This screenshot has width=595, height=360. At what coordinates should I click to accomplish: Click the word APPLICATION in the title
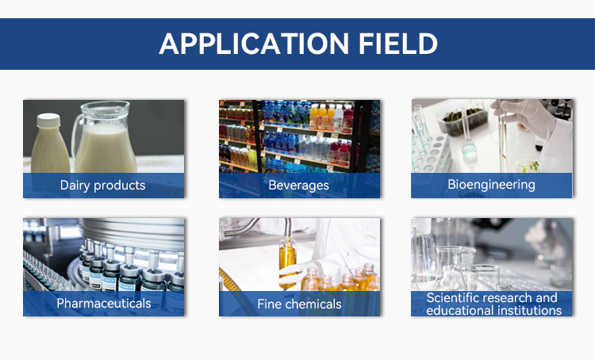pyautogui.click(x=254, y=44)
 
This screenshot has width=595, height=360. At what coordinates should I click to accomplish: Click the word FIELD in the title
pyautogui.click(x=398, y=44)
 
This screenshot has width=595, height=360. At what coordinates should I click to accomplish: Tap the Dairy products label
pyautogui.click(x=103, y=185)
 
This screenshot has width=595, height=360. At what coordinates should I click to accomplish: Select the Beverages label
pyautogui.click(x=298, y=185)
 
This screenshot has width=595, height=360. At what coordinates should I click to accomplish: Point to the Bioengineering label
pyautogui.click(x=491, y=185)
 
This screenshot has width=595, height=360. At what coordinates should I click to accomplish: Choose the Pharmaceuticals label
pyautogui.click(x=104, y=303)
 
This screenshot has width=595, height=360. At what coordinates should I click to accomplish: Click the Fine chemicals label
pyautogui.click(x=299, y=304)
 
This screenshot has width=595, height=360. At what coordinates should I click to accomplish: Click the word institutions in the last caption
pyautogui.click(x=528, y=311)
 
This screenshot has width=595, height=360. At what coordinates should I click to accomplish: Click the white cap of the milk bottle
pyautogui.click(x=48, y=121)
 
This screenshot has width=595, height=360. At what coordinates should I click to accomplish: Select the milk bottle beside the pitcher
pyautogui.click(x=49, y=144)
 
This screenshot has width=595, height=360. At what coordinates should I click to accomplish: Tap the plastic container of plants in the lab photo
pyautogui.click(x=463, y=120)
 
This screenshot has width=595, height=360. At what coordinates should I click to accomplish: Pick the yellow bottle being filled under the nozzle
pyautogui.click(x=287, y=262)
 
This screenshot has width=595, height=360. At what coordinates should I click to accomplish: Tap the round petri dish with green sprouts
pyautogui.click(x=528, y=165)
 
